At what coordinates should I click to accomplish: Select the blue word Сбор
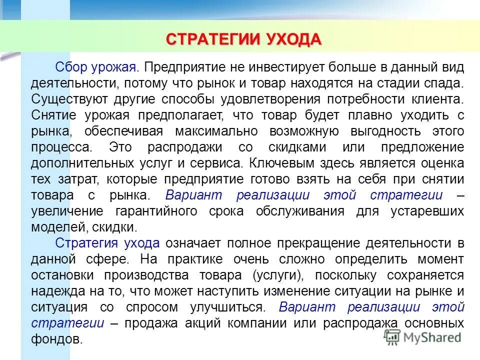(x=71, y=67)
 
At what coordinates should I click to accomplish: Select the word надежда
(x=52, y=291)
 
